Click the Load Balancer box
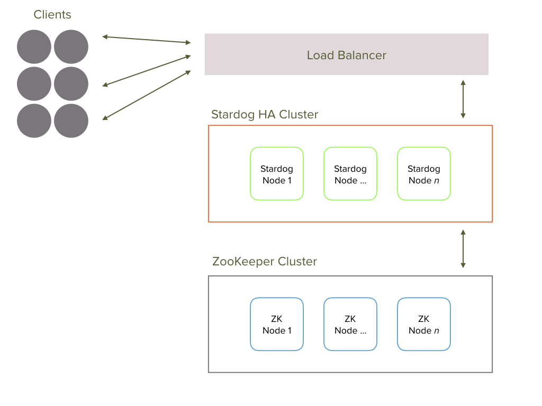[346, 54]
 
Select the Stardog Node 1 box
[276, 174]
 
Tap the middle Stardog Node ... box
[350, 174]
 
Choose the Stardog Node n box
[423, 174]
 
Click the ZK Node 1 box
[276, 324]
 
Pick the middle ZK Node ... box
[350, 324]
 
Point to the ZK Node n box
[423, 324]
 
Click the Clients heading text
[52, 15]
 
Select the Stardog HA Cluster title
[264, 115]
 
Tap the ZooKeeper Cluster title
[264, 262]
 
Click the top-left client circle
[34, 47]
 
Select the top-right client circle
[71, 47]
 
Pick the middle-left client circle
[34, 84]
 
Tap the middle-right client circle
[71, 84]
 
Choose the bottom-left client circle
[34, 121]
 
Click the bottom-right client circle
[71, 121]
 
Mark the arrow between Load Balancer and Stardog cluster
[463, 99]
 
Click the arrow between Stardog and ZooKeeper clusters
[463, 248]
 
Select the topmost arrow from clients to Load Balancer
[146, 39]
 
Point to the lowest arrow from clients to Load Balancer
[146, 95]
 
